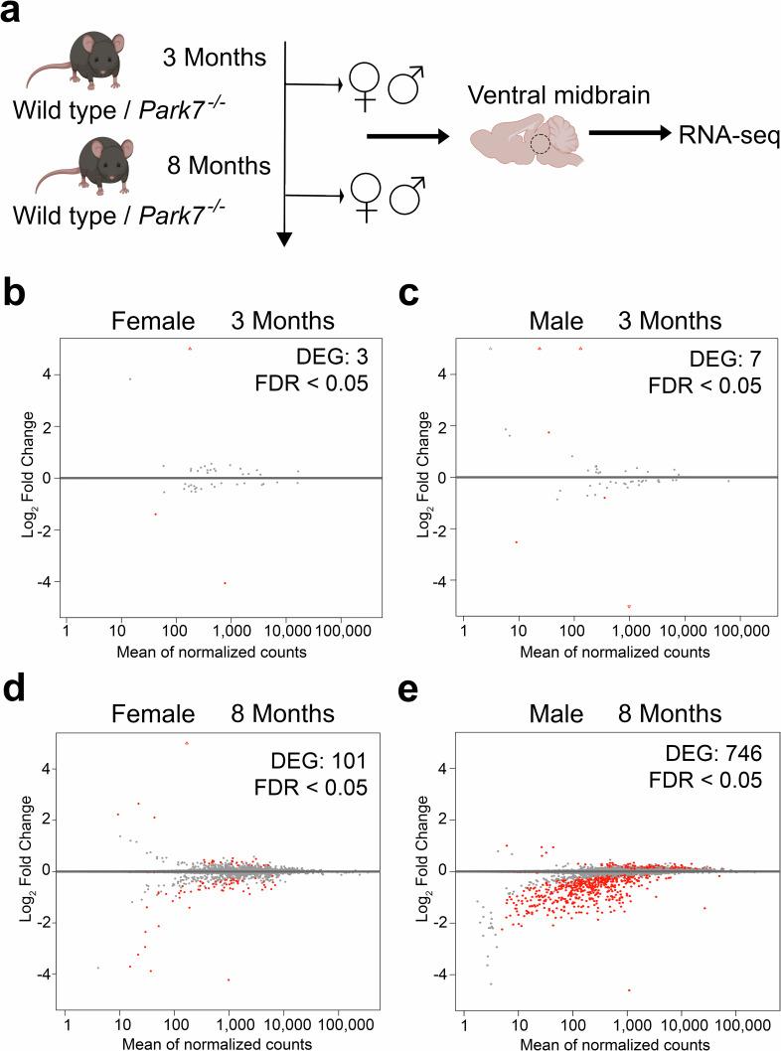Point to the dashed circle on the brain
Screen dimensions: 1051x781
click(x=540, y=145)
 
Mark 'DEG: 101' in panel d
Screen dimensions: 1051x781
click(x=310, y=761)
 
